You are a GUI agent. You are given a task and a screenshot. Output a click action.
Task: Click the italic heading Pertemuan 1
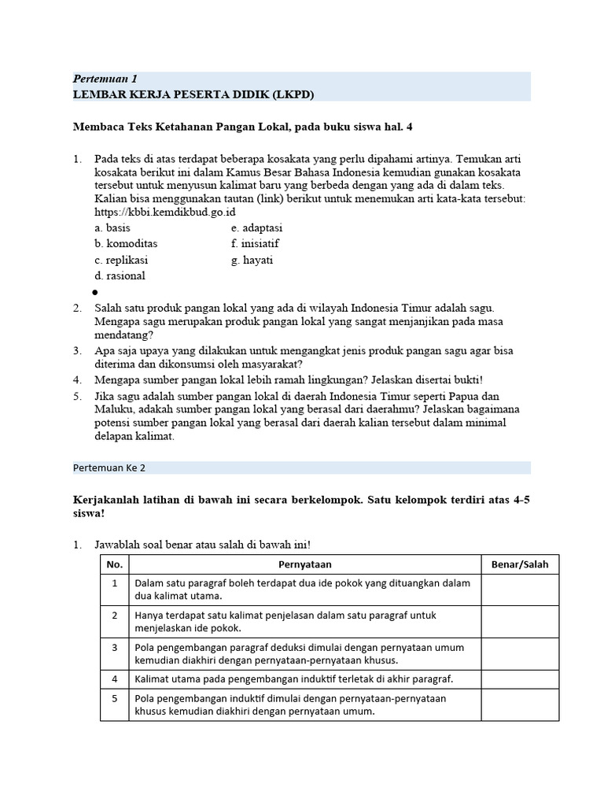point(105,79)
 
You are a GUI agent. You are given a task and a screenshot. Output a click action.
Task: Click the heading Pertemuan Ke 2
point(109,467)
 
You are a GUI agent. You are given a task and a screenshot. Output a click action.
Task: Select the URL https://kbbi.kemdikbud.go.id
point(165,213)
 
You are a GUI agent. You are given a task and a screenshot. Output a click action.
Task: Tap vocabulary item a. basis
point(112,228)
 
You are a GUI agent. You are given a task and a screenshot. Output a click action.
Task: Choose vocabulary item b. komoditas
point(126,244)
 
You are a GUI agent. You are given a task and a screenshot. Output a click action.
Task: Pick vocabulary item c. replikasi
point(121,260)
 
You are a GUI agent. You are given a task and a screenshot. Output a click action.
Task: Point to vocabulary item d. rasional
point(120,275)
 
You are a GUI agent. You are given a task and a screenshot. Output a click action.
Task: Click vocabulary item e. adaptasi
point(256,228)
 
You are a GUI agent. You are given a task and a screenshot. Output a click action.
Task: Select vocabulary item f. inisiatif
point(255,244)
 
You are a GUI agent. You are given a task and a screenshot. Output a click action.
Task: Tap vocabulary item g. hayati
point(252,260)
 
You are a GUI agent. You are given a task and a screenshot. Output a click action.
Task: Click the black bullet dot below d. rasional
point(94,291)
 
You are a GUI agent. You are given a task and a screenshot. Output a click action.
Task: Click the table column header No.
point(115,564)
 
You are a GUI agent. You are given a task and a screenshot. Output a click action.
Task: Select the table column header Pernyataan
point(305,564)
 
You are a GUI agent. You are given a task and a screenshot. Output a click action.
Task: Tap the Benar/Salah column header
point(520,564)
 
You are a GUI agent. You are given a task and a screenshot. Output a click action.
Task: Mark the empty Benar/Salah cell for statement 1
point(520,590)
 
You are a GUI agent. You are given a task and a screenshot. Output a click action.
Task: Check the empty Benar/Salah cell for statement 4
point(520,678)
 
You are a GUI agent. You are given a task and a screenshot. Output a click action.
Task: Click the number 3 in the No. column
point(115,647)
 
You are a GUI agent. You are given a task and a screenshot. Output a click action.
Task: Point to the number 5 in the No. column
point(115,698)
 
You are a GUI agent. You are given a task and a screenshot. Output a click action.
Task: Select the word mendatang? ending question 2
point(124,335)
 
